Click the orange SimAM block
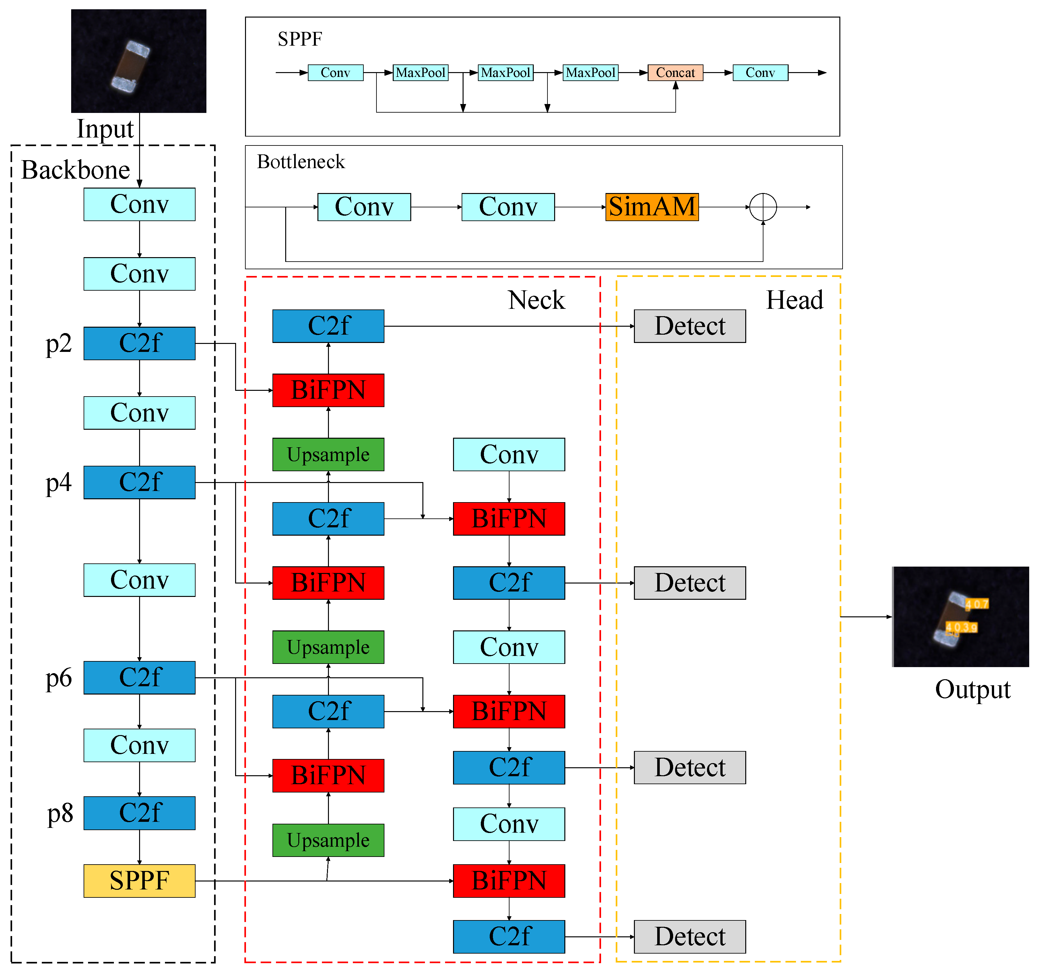pos(651,207)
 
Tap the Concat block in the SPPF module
pos(675,72)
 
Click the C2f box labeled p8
pos(139,813)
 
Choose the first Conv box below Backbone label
pos(139,204)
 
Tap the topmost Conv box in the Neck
pos(509,454)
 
